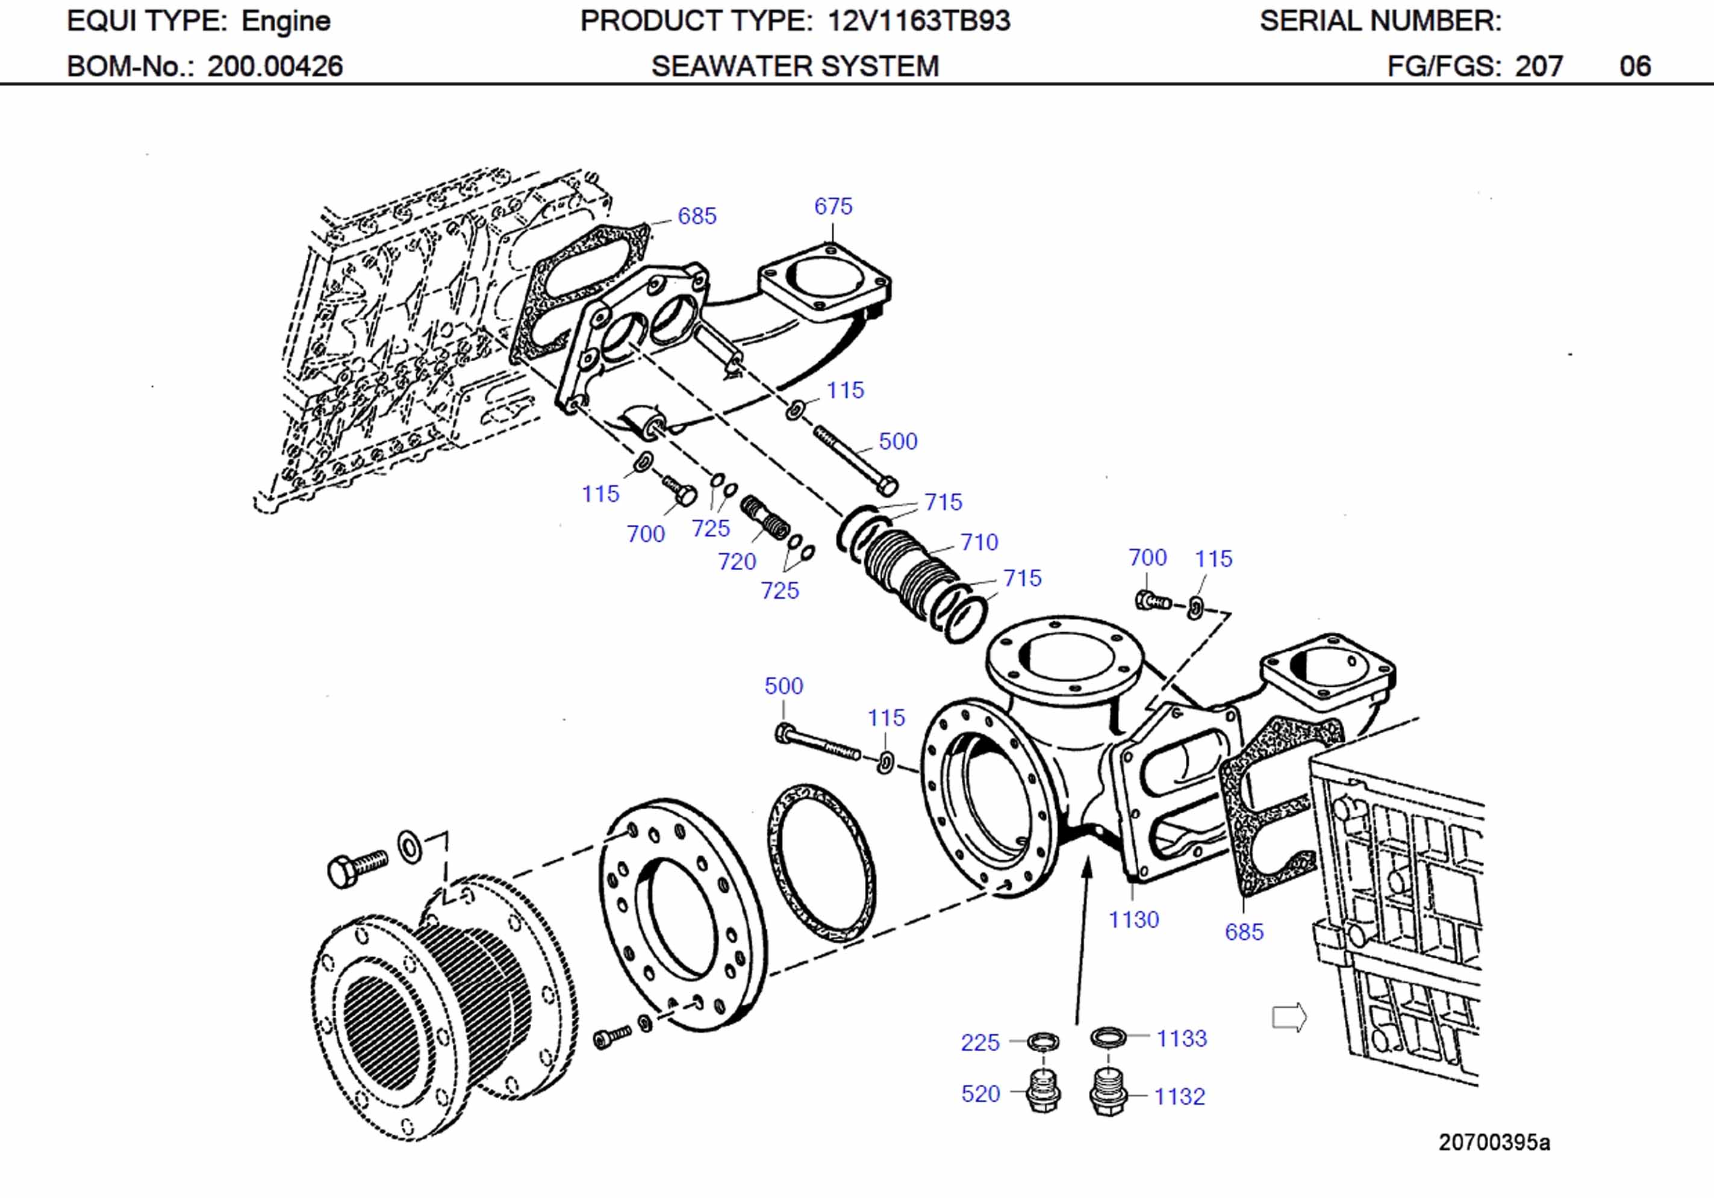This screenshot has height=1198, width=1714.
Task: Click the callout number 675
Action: point(832,206)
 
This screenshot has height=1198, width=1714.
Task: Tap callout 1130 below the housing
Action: point(1133,920)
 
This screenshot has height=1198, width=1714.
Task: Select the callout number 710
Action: point(979,542)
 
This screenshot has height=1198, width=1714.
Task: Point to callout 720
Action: point(737,561)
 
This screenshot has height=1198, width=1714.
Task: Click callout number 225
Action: point(979,1042)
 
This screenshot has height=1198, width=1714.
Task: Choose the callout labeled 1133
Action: point(1181,1038)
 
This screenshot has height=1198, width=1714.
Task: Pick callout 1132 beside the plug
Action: point(1179,1096)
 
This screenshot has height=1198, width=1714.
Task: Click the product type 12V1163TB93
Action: point(919,21)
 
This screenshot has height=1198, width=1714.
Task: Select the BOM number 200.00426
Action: point(275,66)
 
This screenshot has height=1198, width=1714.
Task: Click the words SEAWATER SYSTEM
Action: point(795,66)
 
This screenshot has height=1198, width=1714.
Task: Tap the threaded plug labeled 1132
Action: point(1108,1094)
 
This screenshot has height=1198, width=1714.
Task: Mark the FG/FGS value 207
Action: point(1539,66)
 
